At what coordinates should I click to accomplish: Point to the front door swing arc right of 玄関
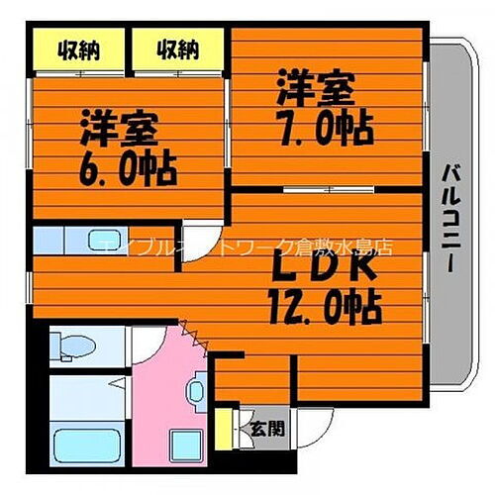point(315,427)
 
